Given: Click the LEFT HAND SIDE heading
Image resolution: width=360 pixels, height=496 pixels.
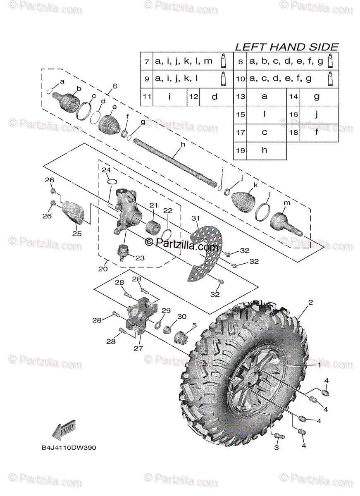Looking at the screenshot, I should (286, 47).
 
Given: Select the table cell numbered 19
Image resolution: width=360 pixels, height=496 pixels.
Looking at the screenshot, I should (240, 150).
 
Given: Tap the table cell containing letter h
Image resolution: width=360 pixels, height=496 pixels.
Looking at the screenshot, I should (265, 150).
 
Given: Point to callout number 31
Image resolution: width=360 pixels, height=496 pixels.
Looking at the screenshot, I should (195, 218).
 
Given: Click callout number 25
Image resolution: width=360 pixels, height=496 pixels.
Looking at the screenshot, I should (76, 234).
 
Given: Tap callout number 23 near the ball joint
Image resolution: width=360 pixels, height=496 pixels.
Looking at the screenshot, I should (140, 258).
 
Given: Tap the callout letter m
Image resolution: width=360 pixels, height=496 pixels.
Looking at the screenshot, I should (286, 203).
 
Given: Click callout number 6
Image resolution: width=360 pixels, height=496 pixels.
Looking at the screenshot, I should (114, 86).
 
